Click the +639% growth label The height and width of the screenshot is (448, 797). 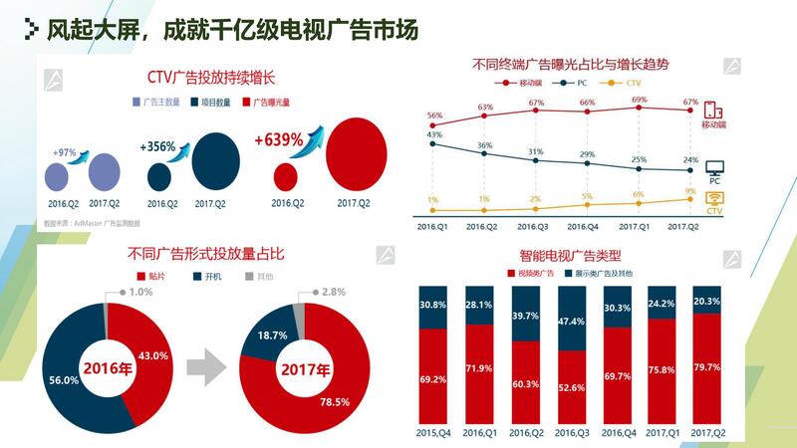[278, 140]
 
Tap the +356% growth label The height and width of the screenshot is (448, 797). [157, 146]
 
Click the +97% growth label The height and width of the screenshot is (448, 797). [65, 151]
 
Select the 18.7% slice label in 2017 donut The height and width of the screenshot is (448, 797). [271, 336]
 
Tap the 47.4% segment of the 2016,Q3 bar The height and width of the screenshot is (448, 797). [571, 323]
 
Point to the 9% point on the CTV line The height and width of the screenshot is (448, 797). [689, 199]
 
